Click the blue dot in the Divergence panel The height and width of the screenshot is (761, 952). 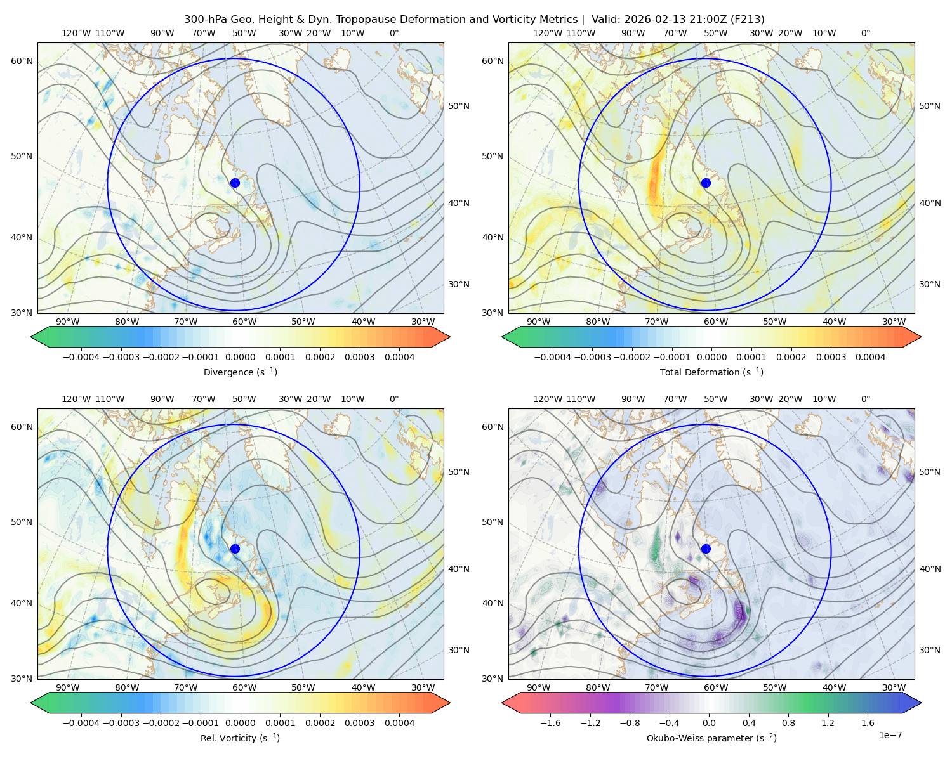pos(235,183)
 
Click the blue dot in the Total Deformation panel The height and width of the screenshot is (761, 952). pos(706,183)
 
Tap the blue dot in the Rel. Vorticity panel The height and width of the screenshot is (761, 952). pos(235,549)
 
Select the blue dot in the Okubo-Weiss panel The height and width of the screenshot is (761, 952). pos(706,549)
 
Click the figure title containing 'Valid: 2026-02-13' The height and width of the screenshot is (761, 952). pos(474,19)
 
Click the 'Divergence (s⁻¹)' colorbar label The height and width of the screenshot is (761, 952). pos(240,372)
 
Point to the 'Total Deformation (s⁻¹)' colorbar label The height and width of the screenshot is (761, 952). pos(711,372)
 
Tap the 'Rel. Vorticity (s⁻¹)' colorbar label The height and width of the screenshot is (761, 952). pos(240,738)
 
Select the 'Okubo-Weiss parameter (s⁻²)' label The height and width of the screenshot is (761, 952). pos(711,738)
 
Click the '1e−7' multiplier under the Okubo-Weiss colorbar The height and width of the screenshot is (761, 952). pos(890,735)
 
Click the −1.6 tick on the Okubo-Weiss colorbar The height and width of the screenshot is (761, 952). pos(551,722)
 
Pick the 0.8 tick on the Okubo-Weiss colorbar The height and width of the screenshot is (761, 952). pos(788,722)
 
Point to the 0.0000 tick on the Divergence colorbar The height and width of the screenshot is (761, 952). pos(240,357)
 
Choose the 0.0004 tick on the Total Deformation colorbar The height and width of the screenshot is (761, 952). pos(870,357)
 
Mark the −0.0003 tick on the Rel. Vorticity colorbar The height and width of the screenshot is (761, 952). pos(121,722)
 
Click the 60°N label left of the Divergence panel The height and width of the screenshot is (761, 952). pos(22,61)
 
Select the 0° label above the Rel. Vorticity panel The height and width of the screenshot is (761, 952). pos(394,398)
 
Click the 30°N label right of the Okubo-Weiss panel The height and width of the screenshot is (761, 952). pos(929,649)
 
